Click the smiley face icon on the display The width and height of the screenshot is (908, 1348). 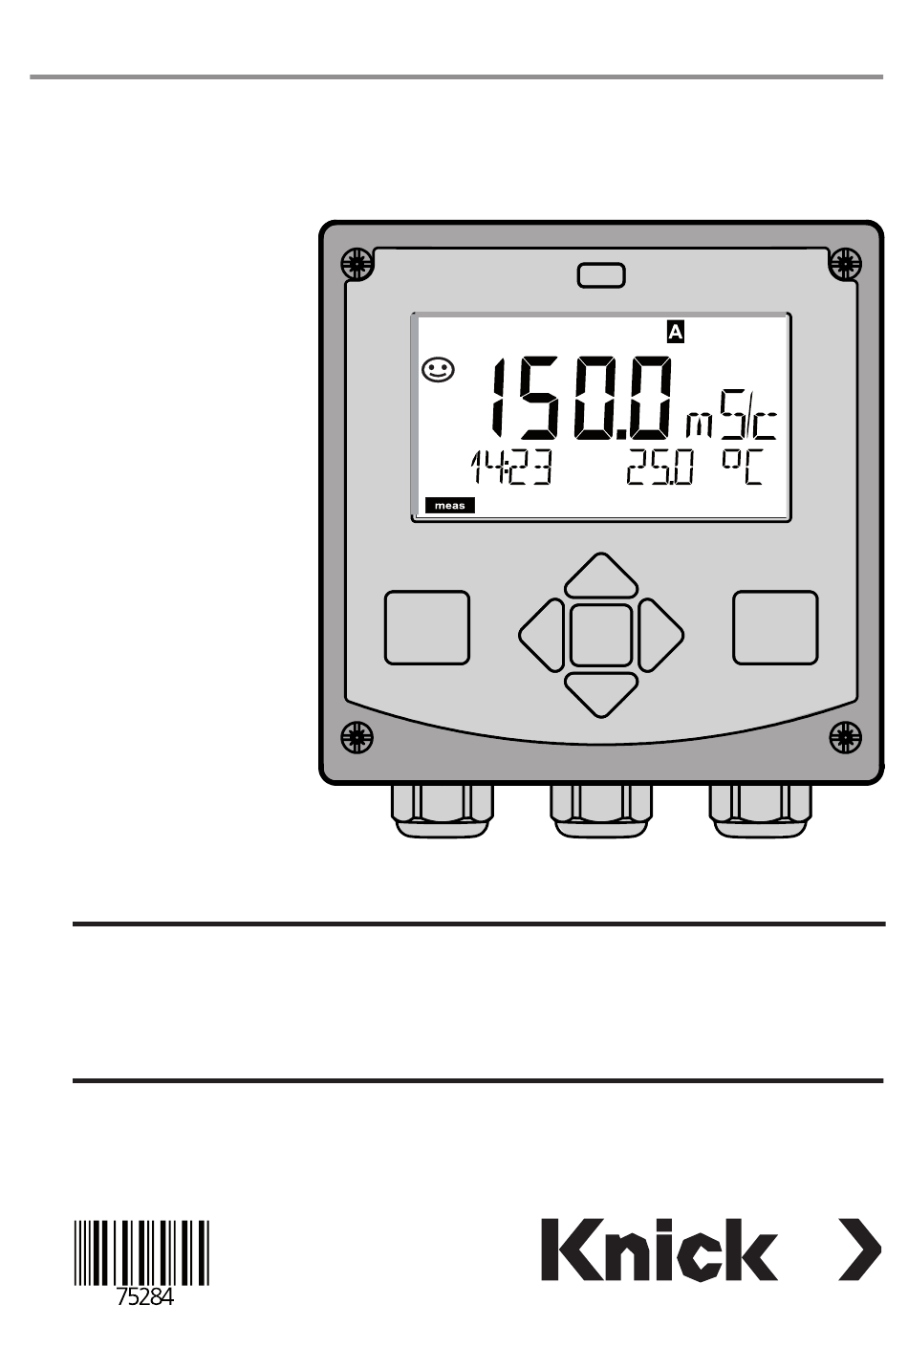pyautogui.click(x=438, y=371)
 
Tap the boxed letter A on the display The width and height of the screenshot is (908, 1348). pyautogui.click(x=675, y=333)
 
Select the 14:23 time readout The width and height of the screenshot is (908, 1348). pyautogui.click(x=510, y=469)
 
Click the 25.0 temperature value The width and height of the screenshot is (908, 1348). pyautogui.click(x=659, y=469)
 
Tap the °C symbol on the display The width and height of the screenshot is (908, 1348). pyautogui.click(x=743, y=467)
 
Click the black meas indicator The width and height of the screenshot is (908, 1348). pyautogui.click(x=449, y=506)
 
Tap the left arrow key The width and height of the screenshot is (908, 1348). pyautogui.click(x=542, y=634)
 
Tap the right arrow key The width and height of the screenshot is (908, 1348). pyautogui.click(x=660, y=634)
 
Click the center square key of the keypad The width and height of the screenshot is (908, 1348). pyautogui.click(x=601, y=635)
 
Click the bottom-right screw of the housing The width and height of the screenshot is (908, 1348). pyautogui.click(x=845, y=736)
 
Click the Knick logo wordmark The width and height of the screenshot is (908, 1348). pyautogui.click(x=659, y=1250)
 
